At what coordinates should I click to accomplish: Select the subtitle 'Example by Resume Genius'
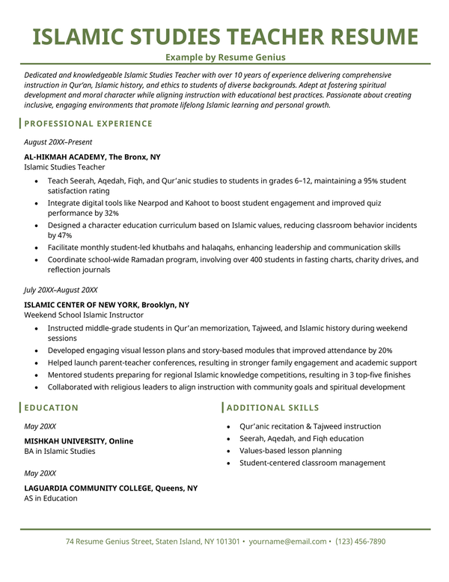coord(225,57)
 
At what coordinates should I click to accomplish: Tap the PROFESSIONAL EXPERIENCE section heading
coord(88,124)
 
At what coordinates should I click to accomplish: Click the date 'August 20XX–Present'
coord(58,142)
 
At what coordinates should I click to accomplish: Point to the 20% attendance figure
coord(385,350)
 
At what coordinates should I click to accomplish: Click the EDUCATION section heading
coord(51,407)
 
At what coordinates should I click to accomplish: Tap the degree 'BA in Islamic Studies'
coord(60,452)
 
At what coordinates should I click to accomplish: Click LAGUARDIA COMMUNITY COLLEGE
coord(88,488)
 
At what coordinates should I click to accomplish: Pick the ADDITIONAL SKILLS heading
coord(272,407)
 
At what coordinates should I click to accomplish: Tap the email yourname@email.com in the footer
coord(288,541)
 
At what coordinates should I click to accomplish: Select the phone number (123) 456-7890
coord(361,541)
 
